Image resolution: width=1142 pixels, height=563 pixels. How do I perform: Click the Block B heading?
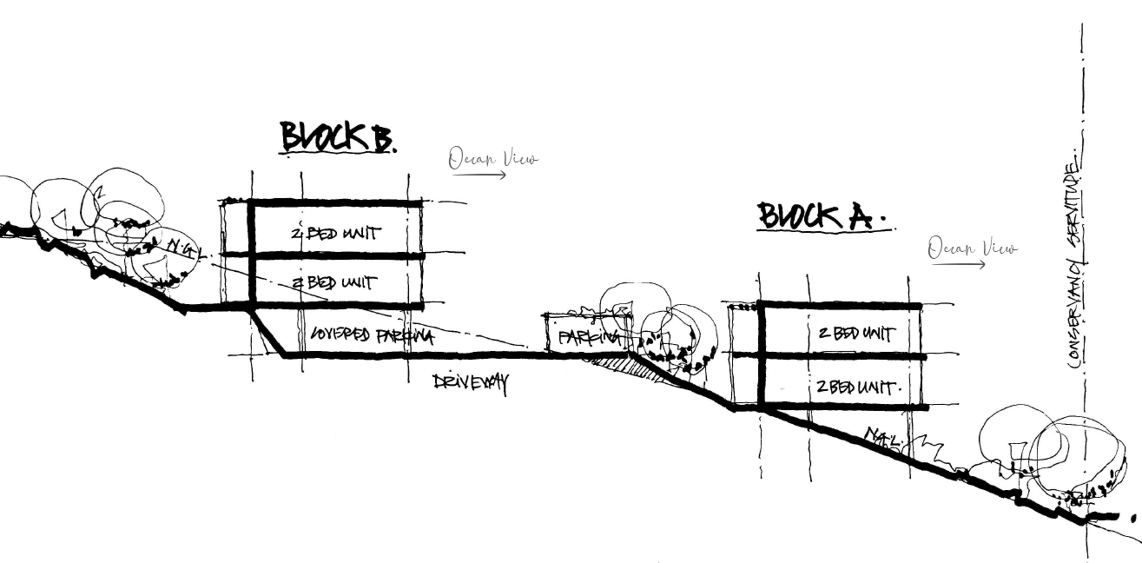click(336, 137)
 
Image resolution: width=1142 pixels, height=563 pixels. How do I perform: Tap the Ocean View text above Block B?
click(492, 159)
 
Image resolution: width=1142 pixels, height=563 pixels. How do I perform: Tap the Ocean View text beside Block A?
click(972, 248)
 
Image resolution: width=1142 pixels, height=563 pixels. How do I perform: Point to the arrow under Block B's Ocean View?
click(479, 175)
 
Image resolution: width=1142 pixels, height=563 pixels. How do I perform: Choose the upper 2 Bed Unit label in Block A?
click(855, 333)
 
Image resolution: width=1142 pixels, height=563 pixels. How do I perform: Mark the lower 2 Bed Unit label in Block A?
click(855, 387)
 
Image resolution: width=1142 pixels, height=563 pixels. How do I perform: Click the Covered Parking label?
click(372, 335)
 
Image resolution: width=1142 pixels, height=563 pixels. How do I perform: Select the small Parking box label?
click(588, 335)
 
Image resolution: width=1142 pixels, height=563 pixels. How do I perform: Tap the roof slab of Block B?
click(335, 203)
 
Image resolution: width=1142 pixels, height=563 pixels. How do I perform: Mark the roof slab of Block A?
click(839, 306)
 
